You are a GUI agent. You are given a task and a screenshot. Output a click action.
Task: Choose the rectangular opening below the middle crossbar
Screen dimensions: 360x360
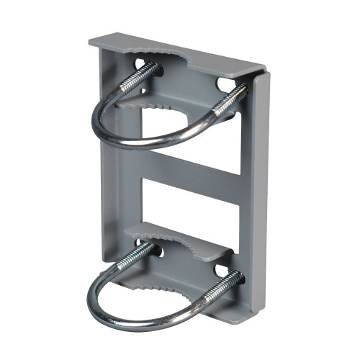tap(191, 209)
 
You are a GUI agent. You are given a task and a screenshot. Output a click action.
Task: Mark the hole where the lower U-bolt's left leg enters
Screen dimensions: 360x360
tap(157, 252)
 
